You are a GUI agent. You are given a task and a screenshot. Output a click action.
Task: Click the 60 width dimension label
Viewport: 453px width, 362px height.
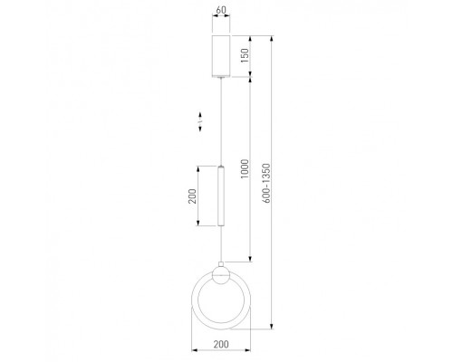[x=221, y=10]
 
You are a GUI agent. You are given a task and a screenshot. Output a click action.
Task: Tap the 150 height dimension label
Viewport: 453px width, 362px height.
[x=245, y=55]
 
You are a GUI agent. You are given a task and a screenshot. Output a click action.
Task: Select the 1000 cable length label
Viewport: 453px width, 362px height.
[x=245, y=168]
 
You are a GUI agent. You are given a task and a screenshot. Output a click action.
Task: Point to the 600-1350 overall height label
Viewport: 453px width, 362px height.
[x=266, y=183]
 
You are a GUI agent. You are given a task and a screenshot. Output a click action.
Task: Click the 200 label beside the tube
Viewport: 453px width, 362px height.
[x=192, y=196]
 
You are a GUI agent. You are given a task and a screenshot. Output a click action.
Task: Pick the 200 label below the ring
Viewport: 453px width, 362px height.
[x=221, y=344]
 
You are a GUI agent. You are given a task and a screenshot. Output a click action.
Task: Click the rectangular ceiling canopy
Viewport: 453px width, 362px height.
[x=221, y=56]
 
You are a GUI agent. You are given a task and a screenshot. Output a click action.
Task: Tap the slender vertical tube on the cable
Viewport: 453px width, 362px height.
[x=221, y=195]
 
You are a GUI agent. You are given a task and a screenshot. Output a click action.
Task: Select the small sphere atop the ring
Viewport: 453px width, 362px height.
[x=221, y=275]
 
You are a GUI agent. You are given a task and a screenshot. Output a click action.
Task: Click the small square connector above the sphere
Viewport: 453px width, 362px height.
[x=221, y=264]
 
